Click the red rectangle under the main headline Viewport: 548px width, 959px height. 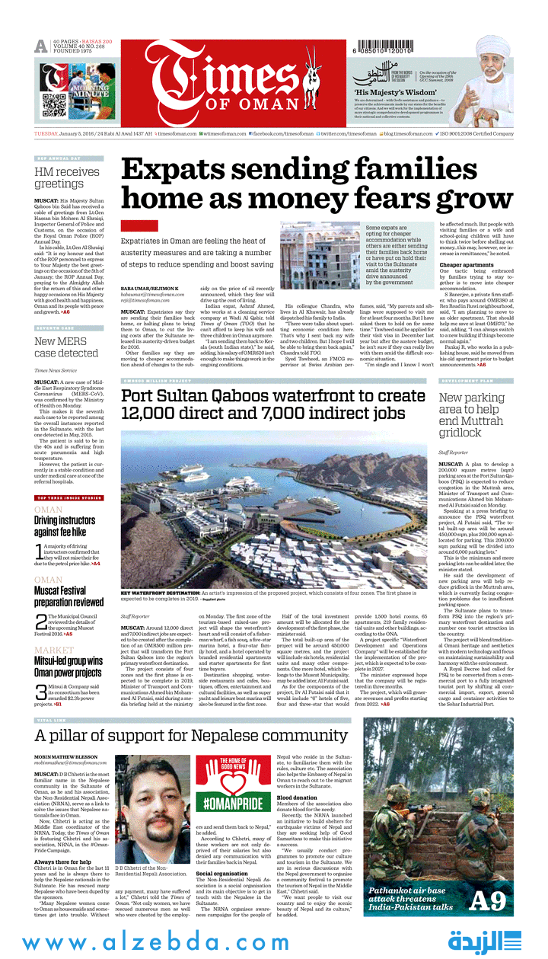(x=139, y=225)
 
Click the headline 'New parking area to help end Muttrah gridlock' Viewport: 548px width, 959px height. (x=472, y=414)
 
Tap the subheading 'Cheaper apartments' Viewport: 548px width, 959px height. (x=467, y=265)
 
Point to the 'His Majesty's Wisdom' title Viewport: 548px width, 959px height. (x=388, y=89)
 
